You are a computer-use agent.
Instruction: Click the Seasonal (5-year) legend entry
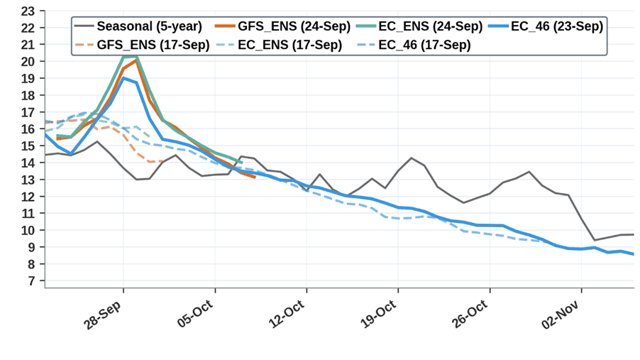[x=138, y=26]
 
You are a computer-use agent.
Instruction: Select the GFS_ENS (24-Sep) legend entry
[x=282, y=26]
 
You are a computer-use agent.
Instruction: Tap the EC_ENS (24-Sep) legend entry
[x=419, y=26]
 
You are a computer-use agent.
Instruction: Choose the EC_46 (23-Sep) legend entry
[x=546, y=26]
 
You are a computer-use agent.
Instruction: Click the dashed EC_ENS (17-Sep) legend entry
[x=279, y=45]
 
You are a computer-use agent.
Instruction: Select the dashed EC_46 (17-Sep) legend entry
[x=414, y=45]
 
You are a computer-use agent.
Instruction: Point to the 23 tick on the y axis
[x=28, y=11]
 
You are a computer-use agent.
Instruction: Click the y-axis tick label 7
[x=31, y=281]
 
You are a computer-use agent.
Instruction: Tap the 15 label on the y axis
[x=28, y=146]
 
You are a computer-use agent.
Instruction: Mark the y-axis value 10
[x=28, y=231]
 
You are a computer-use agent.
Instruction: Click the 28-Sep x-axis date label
[x=102, y=316]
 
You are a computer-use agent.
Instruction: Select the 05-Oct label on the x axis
[x=195, y=314]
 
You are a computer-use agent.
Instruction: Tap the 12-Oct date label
[x=287, y=314]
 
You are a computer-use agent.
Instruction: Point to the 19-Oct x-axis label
[x=378, y=314]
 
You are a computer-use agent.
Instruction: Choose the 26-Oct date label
[x=470, y=314]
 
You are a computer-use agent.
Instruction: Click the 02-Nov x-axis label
[x=561, y=315]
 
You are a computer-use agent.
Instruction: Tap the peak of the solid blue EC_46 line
[x=123, y=78]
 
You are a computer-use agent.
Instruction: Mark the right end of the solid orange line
[x=255, y=178]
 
